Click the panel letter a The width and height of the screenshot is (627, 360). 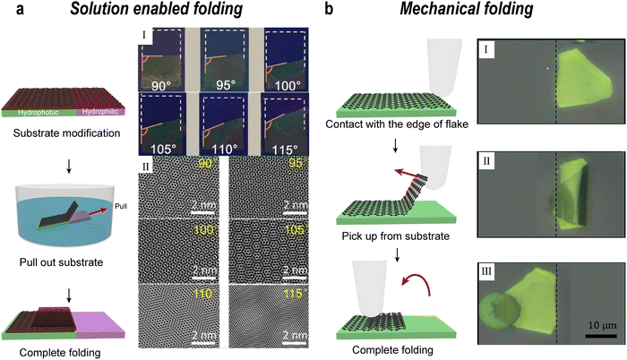pos(7,12)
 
